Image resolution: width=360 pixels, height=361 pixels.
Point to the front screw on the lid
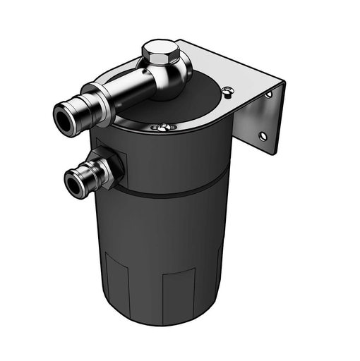pyautogui.click(x=162, y=127)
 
